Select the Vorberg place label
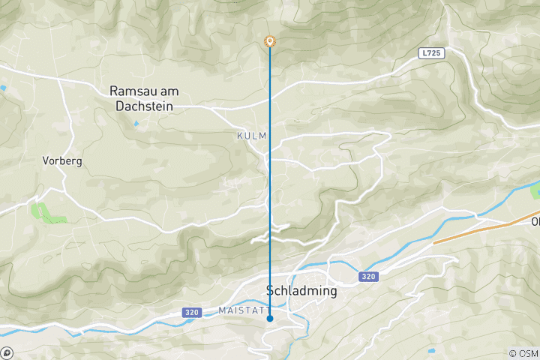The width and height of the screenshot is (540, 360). click(62, 160)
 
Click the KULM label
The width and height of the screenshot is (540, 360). click(250, 136)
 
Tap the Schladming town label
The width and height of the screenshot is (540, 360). click(301, 291)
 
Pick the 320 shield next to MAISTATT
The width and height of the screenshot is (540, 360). click(191, 312)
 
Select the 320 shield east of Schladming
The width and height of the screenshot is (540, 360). click(367, 277)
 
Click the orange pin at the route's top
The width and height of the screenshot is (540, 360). click(270, 42)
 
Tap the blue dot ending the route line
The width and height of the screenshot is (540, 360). click(270, 319)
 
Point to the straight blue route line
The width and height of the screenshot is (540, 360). click(270, 187)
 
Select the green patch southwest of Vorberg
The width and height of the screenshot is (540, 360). click(45, 213)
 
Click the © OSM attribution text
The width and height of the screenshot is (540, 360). click(523, 353)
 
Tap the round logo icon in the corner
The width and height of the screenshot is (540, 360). click(7, 352)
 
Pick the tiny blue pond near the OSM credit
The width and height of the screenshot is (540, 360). click(432, 350)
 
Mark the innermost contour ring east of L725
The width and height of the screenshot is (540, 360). click(517, 66)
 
